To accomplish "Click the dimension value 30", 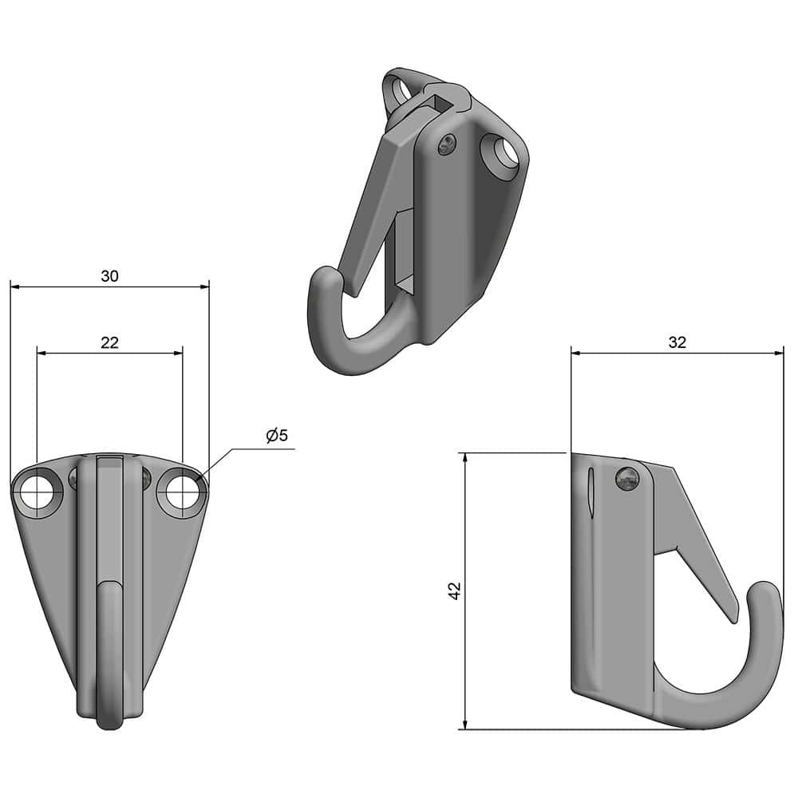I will (x=109, y=276).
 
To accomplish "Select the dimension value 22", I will (x=109, y=342).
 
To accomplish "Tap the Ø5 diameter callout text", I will (x=276, y=436).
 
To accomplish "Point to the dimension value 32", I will (x=677, y=342).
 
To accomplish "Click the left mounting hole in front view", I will (x=38, y=493).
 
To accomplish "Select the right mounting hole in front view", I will (x=183, y=493).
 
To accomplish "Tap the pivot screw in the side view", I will (x=629, y=479).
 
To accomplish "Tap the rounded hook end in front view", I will (x=109, y=718).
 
